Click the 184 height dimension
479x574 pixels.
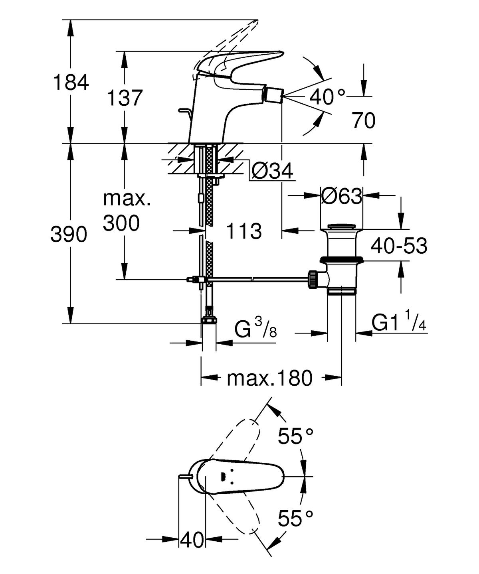(x=71, y=82)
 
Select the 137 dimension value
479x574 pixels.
(x=125, y=98)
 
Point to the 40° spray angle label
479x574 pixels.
(x=327, y=97)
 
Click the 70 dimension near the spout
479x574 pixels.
(x=364, y=120)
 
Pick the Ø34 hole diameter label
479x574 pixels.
(x=272, y=171)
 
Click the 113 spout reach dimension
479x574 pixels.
(x=244, y=231)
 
